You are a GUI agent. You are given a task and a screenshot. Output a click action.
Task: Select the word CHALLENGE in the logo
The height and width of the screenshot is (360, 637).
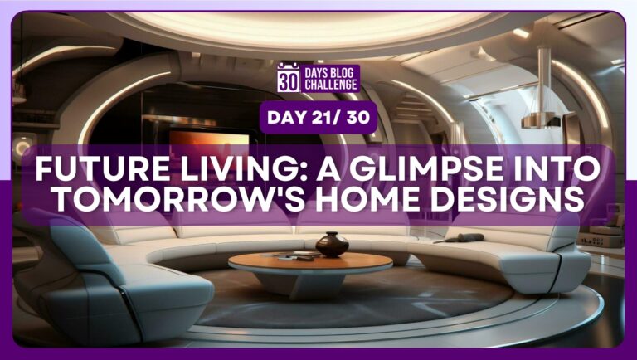point(331,85)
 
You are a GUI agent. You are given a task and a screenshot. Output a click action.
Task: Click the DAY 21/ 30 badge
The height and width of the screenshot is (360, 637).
point(318,118)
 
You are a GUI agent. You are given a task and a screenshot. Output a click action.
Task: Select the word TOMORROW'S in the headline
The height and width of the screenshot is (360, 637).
point(186,199)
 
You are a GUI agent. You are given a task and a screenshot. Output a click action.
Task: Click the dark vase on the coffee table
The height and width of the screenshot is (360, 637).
point(332,244)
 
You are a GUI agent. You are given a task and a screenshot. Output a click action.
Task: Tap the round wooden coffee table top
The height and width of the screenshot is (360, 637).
point(310,263)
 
